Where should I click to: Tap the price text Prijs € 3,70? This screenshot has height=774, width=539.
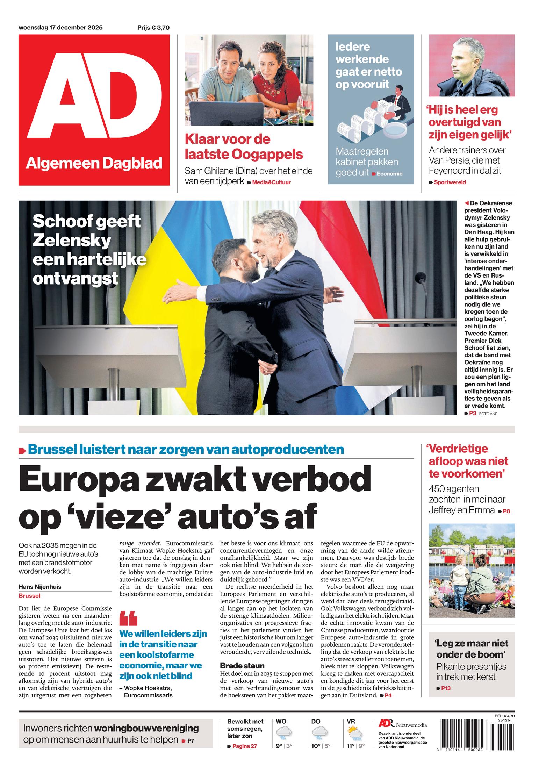coord(153,28)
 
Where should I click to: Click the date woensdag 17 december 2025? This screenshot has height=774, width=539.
coord(60,28)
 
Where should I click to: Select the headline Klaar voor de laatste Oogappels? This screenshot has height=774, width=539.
coord(244,146)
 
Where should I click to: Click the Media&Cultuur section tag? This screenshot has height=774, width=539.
coord(271,182)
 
